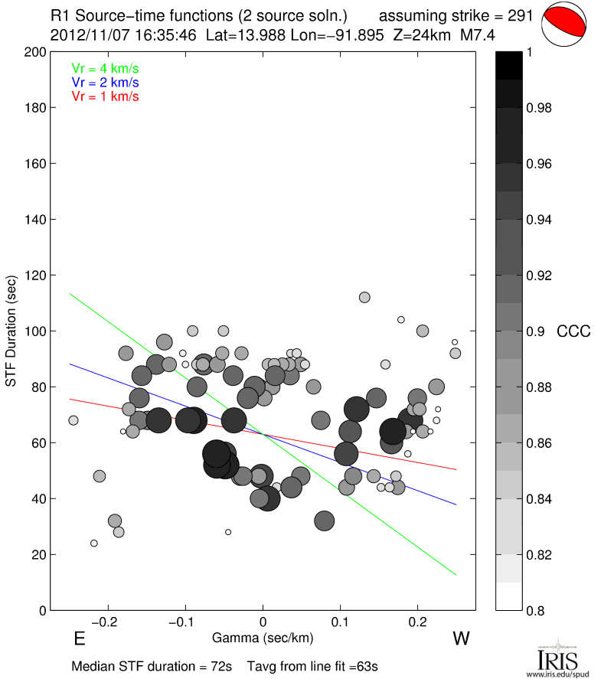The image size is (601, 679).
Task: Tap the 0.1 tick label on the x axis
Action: coord(341,622)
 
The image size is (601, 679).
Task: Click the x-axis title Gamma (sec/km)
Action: coord(263,637)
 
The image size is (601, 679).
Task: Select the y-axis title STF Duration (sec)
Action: coord(12,331)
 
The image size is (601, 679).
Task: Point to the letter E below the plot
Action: coord(79,638)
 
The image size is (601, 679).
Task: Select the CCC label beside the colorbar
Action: coord(573,331)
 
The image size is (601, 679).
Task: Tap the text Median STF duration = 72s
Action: coord(152,666)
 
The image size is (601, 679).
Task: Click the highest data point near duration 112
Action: coord(364,297)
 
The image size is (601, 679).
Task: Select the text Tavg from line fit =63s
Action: coord(312,666)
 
